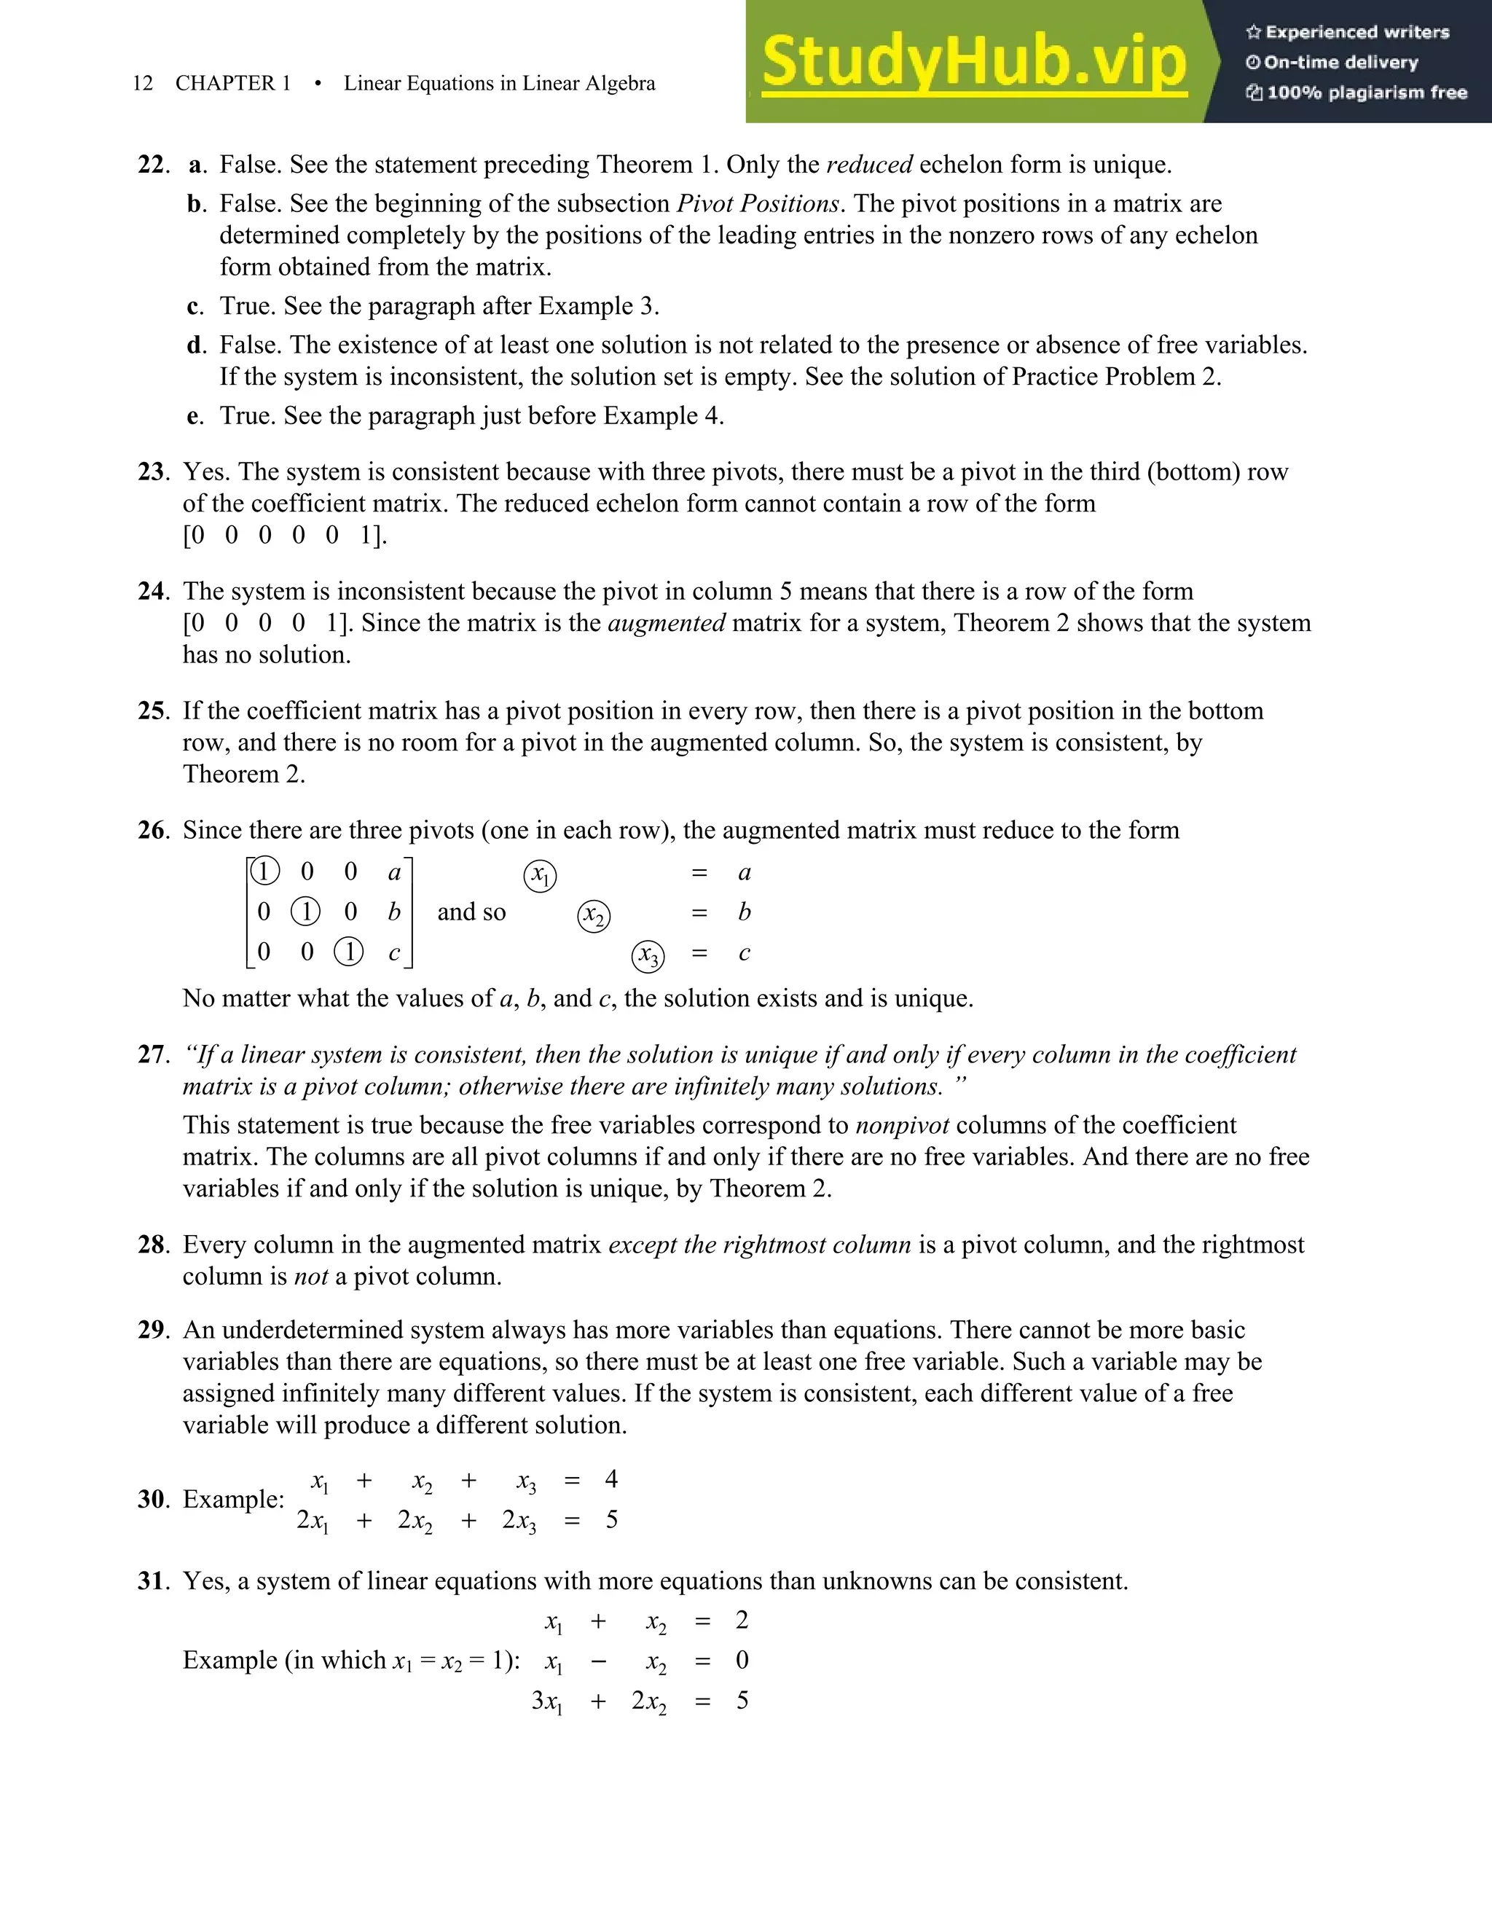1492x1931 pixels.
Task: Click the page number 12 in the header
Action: [142, 83]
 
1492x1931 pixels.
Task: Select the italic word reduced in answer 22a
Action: [869, 165]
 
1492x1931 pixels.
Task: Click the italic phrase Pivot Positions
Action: [758, 204]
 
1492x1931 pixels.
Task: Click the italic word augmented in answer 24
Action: [667, 623]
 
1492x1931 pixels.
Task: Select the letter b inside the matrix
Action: [394, 912]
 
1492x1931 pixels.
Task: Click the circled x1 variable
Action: [540, 875]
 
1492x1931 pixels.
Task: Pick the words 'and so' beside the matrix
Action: [471, 912]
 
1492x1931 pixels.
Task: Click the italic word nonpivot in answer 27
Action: [902, 1126]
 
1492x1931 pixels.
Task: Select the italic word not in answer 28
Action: [310, 1277]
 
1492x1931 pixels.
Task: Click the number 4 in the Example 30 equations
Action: [610, 1479]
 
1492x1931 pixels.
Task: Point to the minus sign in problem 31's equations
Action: [598, 1661]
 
